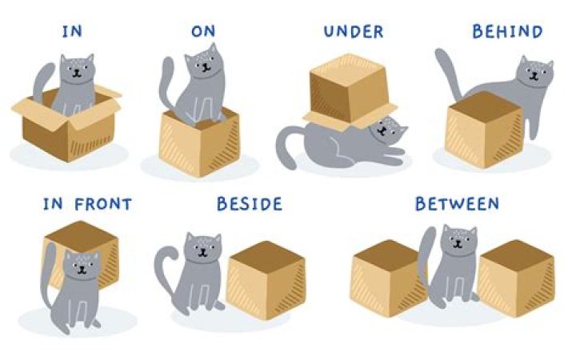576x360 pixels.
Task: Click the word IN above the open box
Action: coord(72,31)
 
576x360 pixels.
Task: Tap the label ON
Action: coord(203,31)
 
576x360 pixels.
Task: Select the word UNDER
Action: coord(354,31)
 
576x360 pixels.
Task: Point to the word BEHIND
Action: coord(507,31)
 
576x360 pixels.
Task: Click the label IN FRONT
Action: coord(87,204)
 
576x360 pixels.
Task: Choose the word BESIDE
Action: coord(250,204)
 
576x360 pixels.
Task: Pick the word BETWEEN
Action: coord(458,204)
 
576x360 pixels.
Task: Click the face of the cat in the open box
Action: coord(78,69)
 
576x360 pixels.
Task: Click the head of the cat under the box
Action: coord(386,130)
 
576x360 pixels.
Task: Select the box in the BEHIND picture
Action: coord(484,130)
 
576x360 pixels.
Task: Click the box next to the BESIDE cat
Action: coord(266,280)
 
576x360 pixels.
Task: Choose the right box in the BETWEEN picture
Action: coord(516,278)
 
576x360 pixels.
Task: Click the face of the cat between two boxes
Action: coord(458,242)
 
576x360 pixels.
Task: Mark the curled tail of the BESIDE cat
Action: coord(166,267)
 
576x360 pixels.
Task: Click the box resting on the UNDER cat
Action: coord(350,92)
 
